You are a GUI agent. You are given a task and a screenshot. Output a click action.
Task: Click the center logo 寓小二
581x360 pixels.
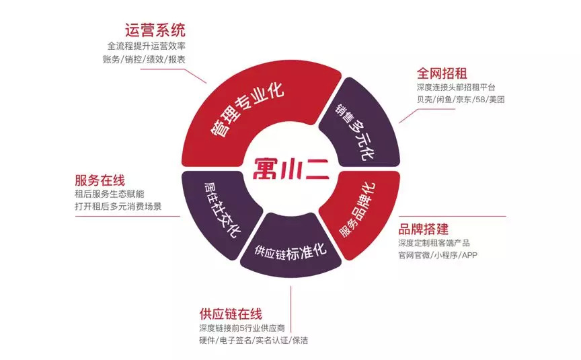tap(291, 168)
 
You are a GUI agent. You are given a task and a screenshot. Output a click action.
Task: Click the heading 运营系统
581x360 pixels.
tap(155, 30)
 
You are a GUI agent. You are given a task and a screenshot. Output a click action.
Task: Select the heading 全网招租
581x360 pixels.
tap(442, 73)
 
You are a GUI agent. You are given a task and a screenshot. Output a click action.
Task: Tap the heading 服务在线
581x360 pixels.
tap(100, 180)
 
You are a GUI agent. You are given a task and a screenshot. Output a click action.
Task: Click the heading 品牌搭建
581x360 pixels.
tap(423, 229)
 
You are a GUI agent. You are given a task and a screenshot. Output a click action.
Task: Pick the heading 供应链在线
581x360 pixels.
tap(231, 314)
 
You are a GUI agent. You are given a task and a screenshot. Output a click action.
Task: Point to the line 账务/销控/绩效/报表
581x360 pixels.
tap(144, 59)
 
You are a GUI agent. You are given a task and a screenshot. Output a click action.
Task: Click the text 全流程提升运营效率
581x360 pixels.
tap(147, 46)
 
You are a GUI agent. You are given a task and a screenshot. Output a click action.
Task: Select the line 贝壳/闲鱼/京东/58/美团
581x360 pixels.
tap(461, 100)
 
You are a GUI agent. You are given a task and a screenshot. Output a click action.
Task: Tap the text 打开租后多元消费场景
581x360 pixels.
tap(118, 206)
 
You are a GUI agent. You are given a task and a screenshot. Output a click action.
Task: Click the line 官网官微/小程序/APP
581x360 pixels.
tap(438, 255)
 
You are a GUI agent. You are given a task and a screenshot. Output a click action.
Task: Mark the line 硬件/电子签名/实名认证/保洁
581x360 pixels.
tap(254, 340)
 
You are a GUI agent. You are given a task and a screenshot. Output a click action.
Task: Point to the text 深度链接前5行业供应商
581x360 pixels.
tap(242, 328)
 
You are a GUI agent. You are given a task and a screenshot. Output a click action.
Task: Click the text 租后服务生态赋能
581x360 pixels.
tap(110, 194)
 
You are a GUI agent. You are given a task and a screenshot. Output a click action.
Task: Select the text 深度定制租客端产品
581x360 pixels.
tap(434, 243)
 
